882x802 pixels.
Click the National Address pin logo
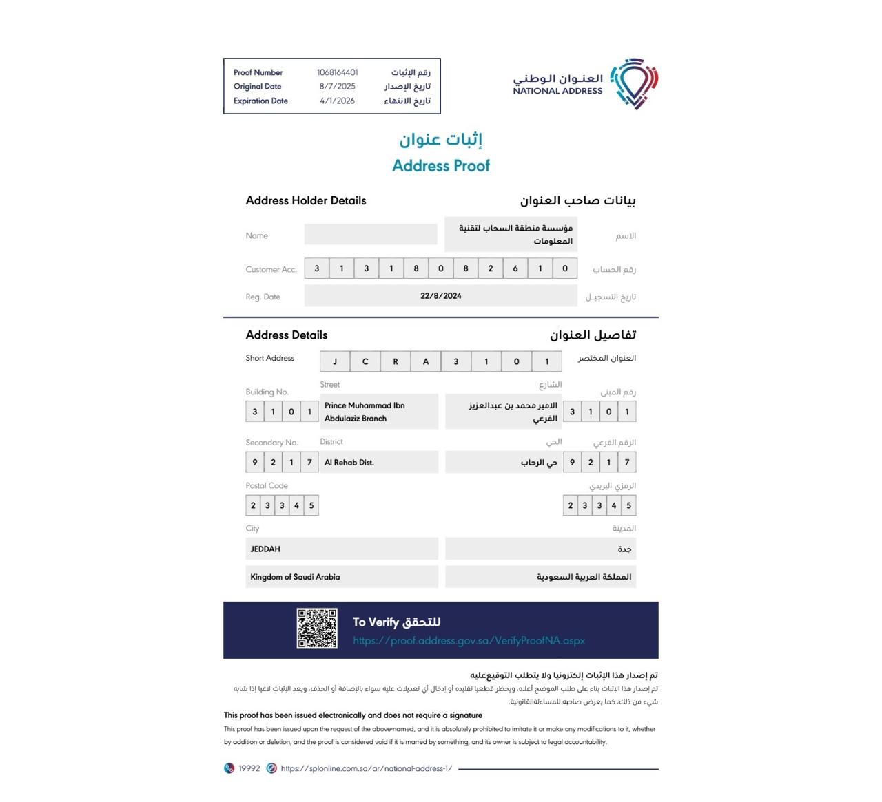click(x=633, y=83)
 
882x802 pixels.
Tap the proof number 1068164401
click(x=337, y=72)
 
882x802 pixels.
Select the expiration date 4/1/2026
click(x=337, y=101)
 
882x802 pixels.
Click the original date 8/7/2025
click(x=337, y=87)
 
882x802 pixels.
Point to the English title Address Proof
click(x=441, y=166)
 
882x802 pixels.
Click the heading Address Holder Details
click(x=306, y=201)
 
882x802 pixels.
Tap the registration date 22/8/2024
click(x=441, y=296)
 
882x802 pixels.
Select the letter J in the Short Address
click(x=335, y=361)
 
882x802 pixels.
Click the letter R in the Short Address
click(x=396, y=361)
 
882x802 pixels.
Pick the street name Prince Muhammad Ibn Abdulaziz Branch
click(x=365, y=412)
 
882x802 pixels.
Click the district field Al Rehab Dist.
click(x=349, y=463)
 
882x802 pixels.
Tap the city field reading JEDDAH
click(x=265, y=549)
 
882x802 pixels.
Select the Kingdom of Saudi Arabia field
click(x=295, y=577)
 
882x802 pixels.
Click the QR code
click(x=317, y=629)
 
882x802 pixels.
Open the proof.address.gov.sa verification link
click(x=469, y=641)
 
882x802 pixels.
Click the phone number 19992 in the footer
click(x=249, y=768)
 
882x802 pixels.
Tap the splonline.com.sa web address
click(x=366, y=768)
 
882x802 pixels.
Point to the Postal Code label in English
click(x=267, y=485)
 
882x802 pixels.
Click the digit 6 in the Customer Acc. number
click(x=515, y=268)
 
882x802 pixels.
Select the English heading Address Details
click(x=287, y=335)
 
